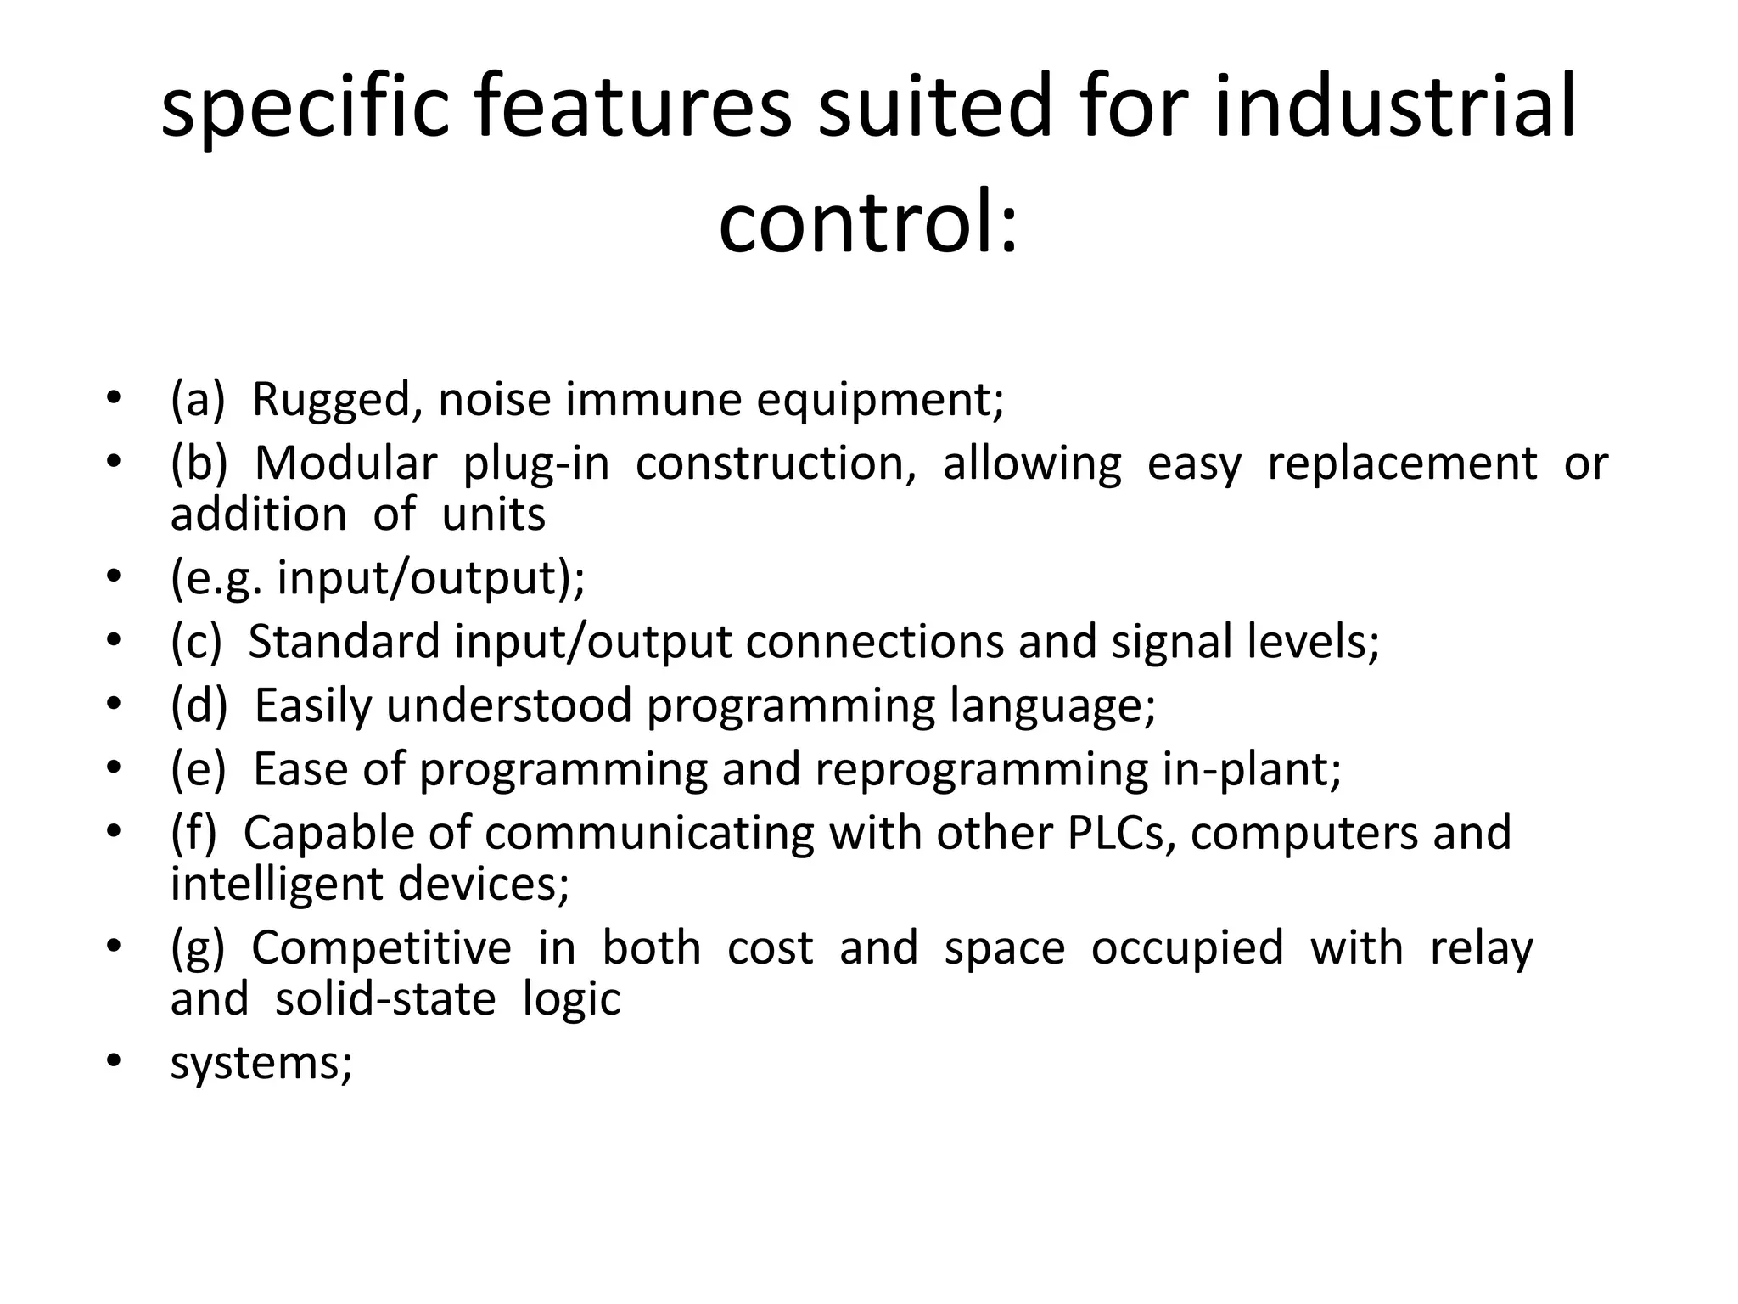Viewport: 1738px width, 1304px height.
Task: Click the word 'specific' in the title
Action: [x=305, y=108]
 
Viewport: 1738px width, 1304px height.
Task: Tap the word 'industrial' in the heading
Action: [x=1395, y=108]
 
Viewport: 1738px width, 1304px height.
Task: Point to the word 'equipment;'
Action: [x=880, y=399]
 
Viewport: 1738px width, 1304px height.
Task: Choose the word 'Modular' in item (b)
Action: [x=345, y=464]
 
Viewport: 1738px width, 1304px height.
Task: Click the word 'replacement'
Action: [x=1402, y=464]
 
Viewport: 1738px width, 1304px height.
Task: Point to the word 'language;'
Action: [x=1052, y=705]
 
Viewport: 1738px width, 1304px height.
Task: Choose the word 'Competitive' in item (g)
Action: [x=382, y=947]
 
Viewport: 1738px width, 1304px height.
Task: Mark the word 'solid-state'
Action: [x=385, y=999]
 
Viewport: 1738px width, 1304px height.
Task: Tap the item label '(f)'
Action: [x=194, y=833]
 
